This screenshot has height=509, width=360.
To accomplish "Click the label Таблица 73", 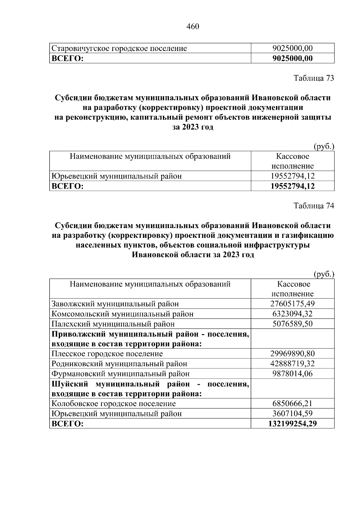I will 313,78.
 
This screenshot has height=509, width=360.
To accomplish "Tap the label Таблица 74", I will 313,206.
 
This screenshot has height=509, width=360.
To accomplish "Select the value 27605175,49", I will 292,304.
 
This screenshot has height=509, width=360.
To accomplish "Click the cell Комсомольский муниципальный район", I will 122,314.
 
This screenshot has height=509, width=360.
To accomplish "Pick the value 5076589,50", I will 292,324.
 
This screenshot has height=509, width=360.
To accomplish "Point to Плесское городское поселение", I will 107,354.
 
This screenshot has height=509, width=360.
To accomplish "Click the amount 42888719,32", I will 292,364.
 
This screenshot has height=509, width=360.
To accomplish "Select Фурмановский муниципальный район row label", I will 121,374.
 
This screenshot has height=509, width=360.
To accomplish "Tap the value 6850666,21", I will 292,404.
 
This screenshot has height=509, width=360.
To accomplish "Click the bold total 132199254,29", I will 292,424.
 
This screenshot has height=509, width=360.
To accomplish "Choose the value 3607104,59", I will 292,414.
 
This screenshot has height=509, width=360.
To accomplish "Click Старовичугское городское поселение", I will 119,48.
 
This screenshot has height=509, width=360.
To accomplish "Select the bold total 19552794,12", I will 292,186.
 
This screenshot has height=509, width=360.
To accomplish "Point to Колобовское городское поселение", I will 114,404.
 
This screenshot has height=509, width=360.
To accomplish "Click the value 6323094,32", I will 292,314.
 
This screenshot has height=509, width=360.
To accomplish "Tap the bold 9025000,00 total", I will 292,58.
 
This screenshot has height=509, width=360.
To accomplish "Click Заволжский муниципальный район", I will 115,304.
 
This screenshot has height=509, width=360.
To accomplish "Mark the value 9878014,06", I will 292,374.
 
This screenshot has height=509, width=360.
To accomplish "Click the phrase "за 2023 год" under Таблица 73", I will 193,127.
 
